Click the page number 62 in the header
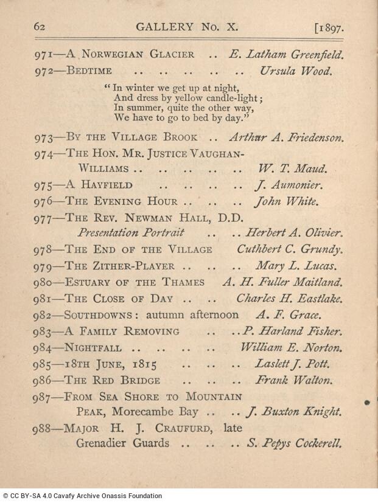[x=40, y=27]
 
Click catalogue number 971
[x=43, y=54]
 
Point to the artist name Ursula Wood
[x=296, y=71]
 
